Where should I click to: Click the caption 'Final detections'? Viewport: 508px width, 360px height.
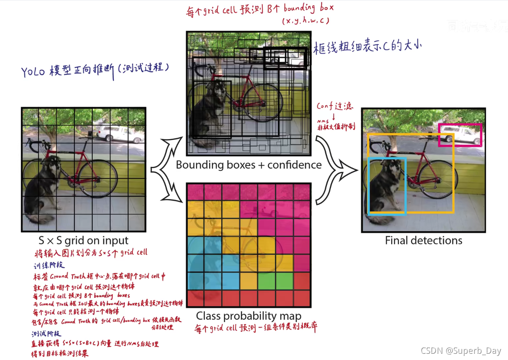(x=423, y=240)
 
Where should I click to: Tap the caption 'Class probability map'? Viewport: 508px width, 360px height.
(x=248, y=316)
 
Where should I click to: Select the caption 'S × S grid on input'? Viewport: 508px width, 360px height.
(x=84, y=241)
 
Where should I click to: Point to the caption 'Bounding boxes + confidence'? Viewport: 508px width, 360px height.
(x=248, y=165)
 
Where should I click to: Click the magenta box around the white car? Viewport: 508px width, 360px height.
(x=460, y=124)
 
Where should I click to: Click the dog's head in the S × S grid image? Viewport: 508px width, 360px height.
(x=53, y=165)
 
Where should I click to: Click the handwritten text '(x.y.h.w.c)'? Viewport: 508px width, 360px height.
(x=305, y=21)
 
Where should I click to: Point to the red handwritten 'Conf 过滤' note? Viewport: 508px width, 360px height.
(x=335, y=107)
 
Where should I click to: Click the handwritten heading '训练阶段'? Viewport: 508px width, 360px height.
(x=49, y=265)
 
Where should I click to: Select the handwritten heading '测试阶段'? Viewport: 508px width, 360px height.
(x=46, y=334)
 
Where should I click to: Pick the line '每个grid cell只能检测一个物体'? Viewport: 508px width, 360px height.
(x=76, y=311)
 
